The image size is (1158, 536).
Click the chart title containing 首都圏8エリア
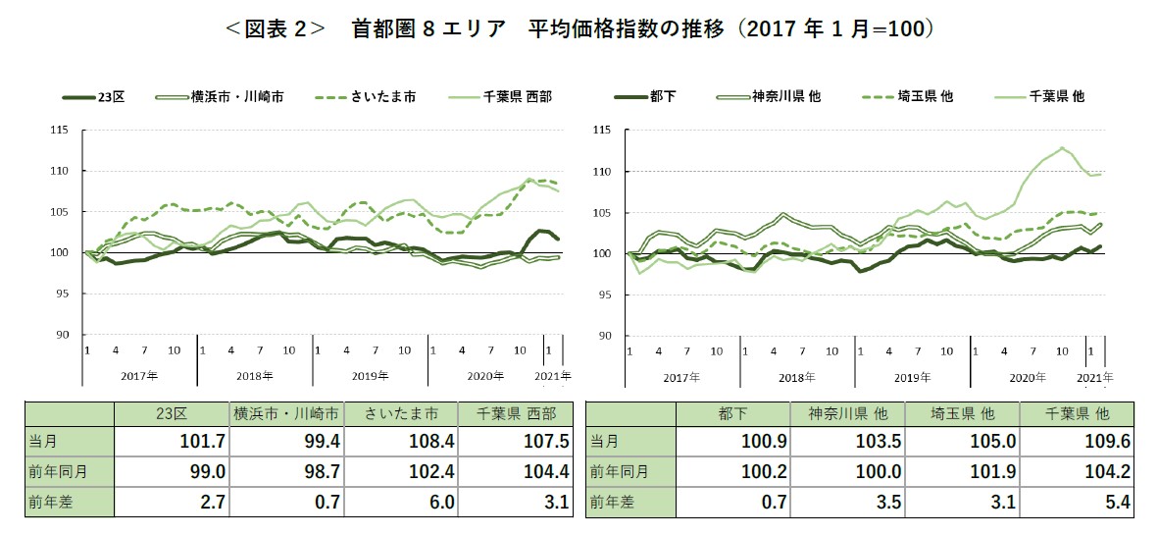[x=579, y=29]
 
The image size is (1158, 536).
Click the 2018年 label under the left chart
[x=254, y=376]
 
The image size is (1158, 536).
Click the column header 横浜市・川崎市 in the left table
[x=285, y=413]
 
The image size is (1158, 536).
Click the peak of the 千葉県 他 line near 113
[x=1062, y=148]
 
